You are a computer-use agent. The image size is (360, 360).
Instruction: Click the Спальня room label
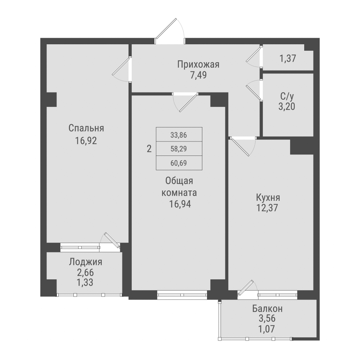[x=86, y=128]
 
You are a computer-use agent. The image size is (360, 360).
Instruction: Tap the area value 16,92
[x=86, y=140]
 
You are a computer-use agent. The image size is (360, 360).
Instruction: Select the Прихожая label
[x=198, y=64]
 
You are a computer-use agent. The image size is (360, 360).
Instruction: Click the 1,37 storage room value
[x=287, y=58]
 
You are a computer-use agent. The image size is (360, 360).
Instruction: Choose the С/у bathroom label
[x=287, y=96]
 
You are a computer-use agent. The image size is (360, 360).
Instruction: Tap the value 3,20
[x=287, y=107]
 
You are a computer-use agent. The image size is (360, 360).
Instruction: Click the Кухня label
[x=268, y=197]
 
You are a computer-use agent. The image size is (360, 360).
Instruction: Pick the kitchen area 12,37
[x=268, y=208]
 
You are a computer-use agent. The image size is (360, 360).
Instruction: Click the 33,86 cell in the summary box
[x=179, y=135]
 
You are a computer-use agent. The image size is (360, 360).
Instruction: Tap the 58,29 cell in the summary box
[x=179, y=148]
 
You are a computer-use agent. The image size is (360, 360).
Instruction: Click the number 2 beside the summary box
[x=149, y=148]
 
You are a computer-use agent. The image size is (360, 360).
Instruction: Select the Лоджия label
[x=86, y=262]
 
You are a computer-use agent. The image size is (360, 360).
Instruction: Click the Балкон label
[x=267, y=309]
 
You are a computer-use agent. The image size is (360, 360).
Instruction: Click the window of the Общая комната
[x=182, y=295]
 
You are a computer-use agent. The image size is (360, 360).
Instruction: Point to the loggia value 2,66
[x=86, y=272]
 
